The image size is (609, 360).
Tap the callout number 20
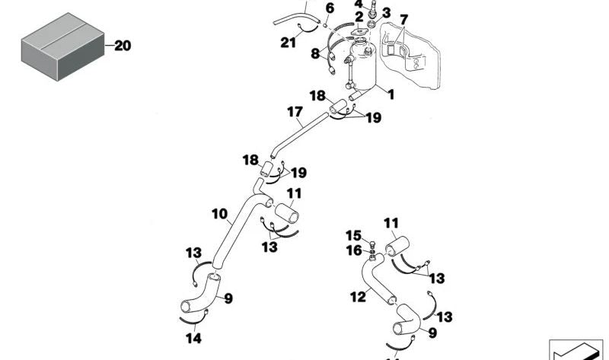pos(123,46)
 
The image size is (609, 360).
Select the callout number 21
pos(287,43)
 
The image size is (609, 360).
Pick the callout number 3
pos(386,13)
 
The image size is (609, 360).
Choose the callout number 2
pos(359,17)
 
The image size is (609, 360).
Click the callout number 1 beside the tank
pos(391,95)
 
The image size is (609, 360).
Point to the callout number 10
pos(220,215)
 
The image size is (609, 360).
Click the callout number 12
pos(358,297)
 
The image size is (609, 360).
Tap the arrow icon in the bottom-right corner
pos(576,350)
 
